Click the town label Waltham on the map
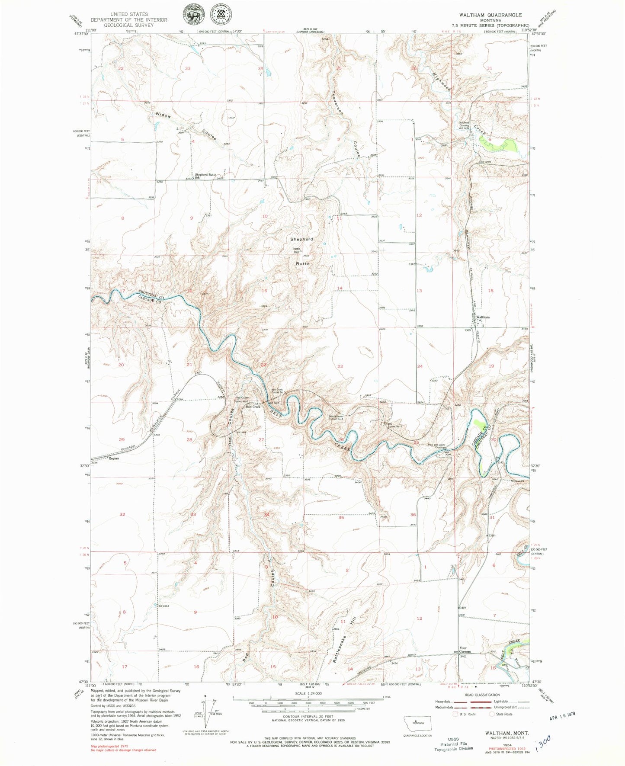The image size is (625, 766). (x=483, y=317)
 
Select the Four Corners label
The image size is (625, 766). (x=465, y=650)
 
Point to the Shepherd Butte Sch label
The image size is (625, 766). (x=205, y=176)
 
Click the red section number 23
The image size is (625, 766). (x=340, y=366)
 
